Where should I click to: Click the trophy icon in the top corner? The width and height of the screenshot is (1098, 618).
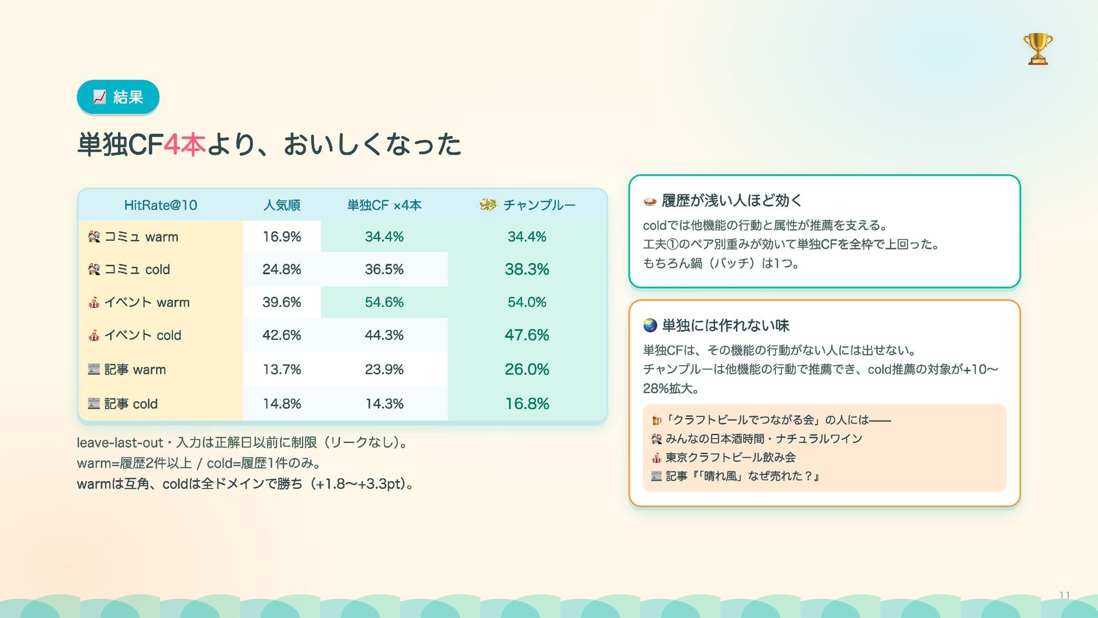pos(1037,49)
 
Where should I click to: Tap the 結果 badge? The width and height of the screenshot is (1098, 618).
pos(118,97)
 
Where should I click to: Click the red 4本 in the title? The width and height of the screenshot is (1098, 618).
pos(184,144)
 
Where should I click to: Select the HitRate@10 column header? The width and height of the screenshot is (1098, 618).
pos(161,205)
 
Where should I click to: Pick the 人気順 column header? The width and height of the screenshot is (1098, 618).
pos(282,205)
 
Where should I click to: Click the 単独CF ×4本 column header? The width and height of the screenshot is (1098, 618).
pos(384,205)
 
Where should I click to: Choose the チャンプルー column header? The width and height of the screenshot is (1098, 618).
pos(527,205)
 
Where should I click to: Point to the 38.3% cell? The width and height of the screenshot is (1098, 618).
pos(527,269)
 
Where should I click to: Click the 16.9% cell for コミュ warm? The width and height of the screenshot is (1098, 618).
pos(282,236)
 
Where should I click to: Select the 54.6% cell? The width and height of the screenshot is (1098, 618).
pos(384,302)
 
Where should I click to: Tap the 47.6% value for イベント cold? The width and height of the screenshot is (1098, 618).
pos(527,335)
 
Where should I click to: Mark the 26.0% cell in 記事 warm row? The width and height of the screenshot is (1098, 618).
pos(527,369)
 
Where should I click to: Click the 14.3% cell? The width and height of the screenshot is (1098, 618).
pos(384,403)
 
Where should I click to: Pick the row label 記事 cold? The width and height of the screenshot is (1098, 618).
pos(123,403)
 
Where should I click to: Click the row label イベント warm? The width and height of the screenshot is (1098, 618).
pos(139,302)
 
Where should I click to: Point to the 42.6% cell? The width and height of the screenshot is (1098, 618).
pos(282,335)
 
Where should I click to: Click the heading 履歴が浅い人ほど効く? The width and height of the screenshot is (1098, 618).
pos(732,200)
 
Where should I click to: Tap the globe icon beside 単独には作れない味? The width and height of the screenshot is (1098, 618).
pos(650,326)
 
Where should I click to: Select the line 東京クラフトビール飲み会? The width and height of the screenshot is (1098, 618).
pos(730,457)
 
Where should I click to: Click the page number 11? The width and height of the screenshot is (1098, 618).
pos(1064,595)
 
